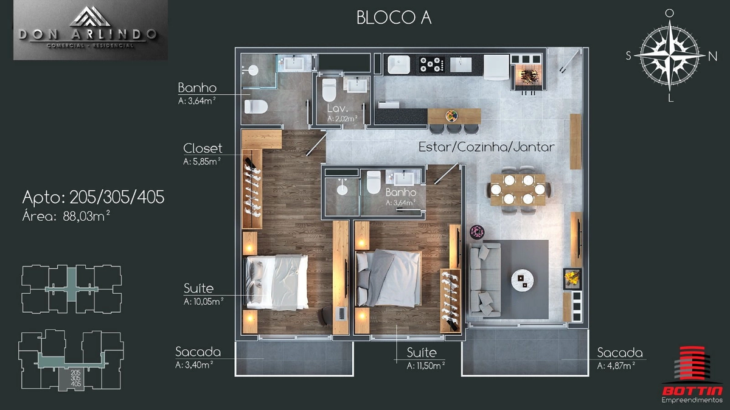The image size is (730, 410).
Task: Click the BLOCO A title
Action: (394, 18)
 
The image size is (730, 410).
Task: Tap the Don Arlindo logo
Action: (90, 30)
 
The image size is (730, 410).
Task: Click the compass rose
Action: (670, 56)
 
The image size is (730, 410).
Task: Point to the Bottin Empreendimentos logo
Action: (692, 375)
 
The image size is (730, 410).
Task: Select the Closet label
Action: (203, 148)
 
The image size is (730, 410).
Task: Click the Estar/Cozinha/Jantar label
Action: (486, 147)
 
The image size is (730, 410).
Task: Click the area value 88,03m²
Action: (86, 216)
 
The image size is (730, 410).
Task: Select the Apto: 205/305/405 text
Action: (93, 197)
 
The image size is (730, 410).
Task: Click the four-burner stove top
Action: (432, 64)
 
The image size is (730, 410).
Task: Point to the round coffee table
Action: (522, 280)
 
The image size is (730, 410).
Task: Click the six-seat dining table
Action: (518, 189)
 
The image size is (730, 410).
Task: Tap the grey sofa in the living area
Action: (485, 280)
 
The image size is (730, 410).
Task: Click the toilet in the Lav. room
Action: (329, 90)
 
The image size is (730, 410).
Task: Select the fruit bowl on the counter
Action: (451, 115)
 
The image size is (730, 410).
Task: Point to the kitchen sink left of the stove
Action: (398, 64)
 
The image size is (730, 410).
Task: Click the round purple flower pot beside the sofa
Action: (477, 232)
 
